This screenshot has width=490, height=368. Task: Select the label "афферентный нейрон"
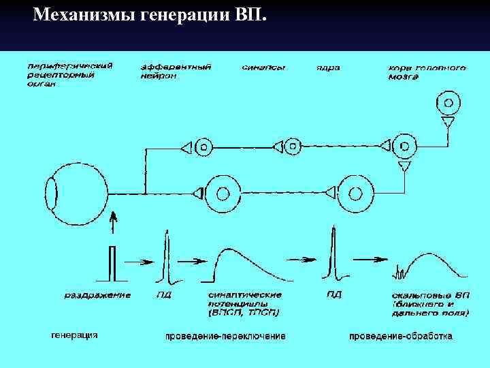(176, 72)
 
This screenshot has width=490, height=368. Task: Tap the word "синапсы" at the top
(263, 67)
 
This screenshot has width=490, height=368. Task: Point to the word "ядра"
(328, 67)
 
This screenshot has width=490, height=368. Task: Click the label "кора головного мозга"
(427, 72)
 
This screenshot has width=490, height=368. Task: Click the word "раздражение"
(97, 295)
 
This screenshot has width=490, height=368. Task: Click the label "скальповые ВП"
(429, 303)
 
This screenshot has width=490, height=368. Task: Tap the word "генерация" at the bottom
(75, 335)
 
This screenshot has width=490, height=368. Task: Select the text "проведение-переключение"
(225, 337)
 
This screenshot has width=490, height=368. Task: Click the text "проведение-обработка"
(400, 337)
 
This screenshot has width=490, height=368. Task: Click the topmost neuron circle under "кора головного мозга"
(447, 104)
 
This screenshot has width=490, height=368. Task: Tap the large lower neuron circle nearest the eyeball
(222, 194)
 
